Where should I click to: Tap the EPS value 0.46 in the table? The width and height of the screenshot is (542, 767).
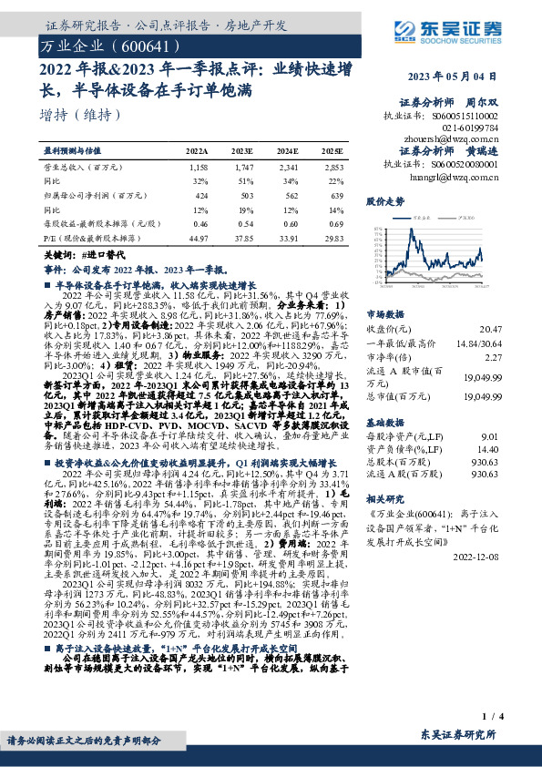[200, 222]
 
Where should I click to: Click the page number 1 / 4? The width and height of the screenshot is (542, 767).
[493, 717]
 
